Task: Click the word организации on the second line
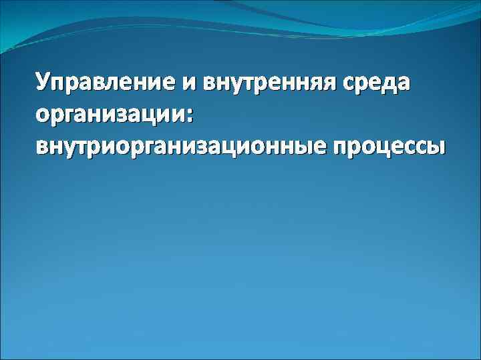(x=110, y=115)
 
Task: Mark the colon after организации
(x=190, y=115)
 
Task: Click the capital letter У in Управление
(x=44, y=83)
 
